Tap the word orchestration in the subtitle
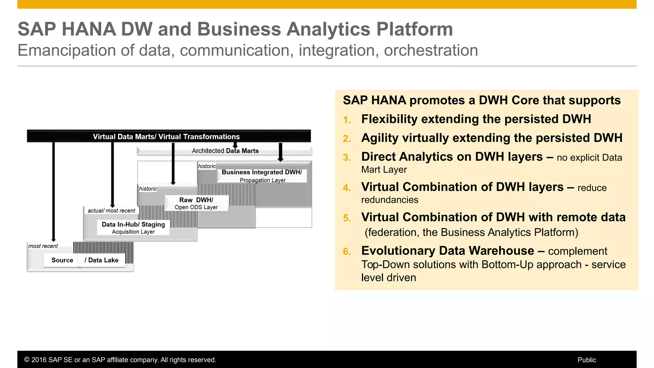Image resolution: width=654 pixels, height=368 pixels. click(431, 50)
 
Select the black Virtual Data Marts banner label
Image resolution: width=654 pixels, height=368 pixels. click(166, 137)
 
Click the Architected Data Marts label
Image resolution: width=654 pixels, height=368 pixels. click(225, 151)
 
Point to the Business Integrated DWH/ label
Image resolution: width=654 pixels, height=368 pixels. click(262, 172)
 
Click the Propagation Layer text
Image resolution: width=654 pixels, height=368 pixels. click(262, 180)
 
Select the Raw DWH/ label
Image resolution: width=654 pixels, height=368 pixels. click(196, 200)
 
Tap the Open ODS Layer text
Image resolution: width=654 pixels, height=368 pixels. click(196, 207)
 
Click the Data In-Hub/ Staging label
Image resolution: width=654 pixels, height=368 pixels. click(133, 225)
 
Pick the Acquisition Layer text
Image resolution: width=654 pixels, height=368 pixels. click(133, 232)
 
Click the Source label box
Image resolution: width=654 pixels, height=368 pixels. click(62, 260)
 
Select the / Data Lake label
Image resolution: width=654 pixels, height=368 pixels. click(102, 260)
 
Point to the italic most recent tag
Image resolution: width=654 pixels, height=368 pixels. click(43, 246)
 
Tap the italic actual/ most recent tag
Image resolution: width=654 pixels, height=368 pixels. click(111, 211)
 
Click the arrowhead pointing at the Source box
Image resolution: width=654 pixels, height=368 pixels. click(54, 240)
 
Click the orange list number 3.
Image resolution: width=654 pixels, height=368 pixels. click(347, 157)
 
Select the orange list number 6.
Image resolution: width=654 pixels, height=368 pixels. click(347, 252)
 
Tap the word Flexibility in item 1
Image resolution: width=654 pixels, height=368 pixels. click(389, 119)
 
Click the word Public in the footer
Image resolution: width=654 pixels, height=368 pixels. click(587, 360)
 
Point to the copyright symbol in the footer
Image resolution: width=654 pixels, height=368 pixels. click(27, 360)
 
